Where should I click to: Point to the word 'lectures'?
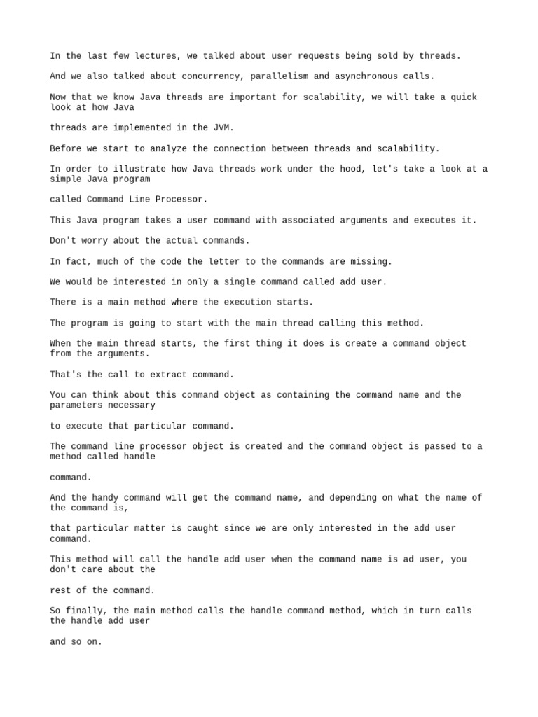click(148, 55)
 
